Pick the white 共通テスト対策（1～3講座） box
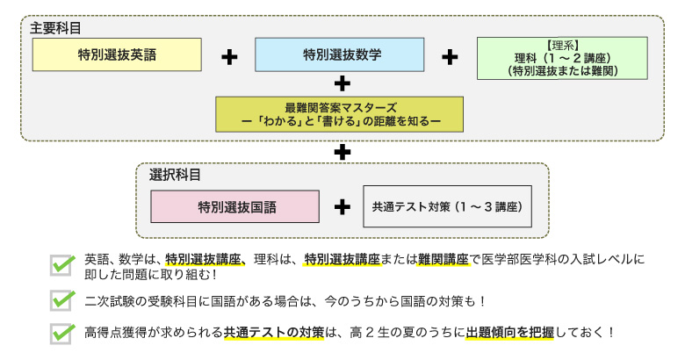(447, 207)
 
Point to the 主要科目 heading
(55, 27)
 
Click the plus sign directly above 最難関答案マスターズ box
(342, 84)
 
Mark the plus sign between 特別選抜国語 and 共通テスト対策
(342, 208)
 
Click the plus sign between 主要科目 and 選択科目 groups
(342, 152)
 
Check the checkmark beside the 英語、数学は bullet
(61, 263)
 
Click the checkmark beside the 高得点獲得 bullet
(61, 334)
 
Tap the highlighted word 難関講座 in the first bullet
(443, 259)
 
